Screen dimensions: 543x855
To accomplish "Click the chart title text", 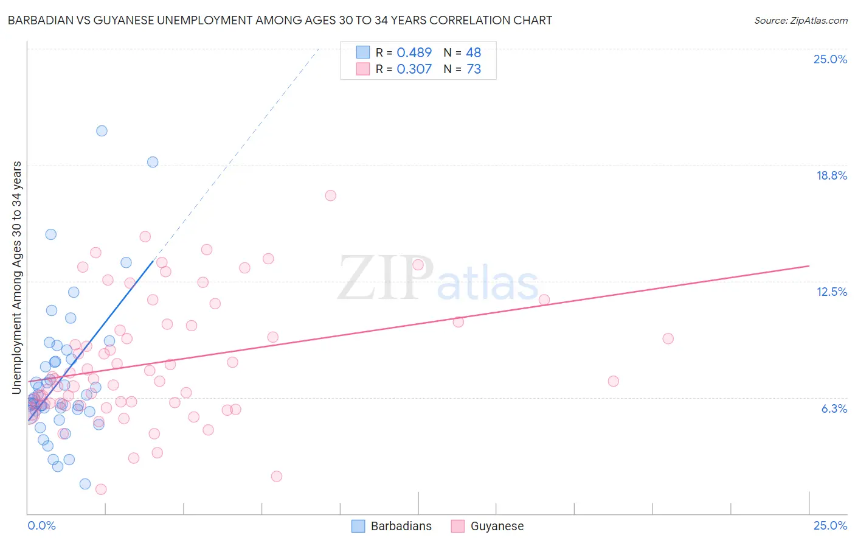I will coord(280,20).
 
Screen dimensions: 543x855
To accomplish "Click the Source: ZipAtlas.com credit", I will coord(800,20).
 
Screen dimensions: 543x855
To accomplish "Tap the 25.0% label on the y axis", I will coord(830,59).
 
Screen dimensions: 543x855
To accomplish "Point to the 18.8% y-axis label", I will coord(831,175).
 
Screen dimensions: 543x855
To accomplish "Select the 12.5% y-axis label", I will coord(831,292).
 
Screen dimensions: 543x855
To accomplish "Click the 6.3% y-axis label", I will coord(834,408).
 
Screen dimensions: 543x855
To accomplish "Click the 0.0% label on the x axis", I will coord(41,525).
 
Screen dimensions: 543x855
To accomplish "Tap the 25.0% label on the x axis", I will coord(830,525).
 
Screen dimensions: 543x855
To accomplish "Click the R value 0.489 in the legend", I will coord(414,52).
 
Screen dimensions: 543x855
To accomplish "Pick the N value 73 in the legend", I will coord(474,69).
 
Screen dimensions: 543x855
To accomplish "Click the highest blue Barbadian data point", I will coord(102,131).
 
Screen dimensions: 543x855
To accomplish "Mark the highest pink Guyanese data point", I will coord(330,195).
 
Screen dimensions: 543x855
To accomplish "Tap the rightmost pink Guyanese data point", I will coord(668,338).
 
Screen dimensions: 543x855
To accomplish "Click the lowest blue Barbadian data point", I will coord(85,484).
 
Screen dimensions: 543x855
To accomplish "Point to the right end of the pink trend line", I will coord(809,266).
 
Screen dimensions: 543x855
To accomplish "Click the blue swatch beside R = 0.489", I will coord(362,52).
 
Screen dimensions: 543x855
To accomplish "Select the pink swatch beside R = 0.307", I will coord(362,69).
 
